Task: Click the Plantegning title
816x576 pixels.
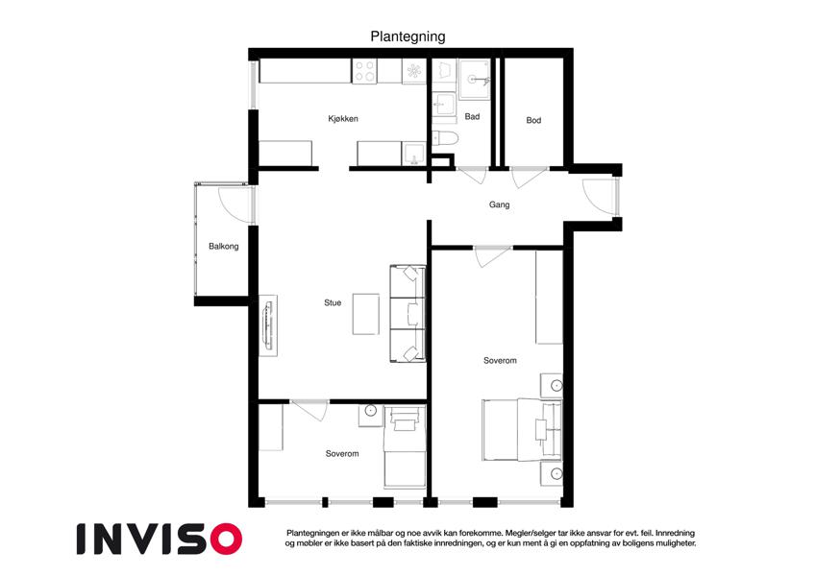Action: (408, 36)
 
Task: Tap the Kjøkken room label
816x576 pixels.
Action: (343, 118)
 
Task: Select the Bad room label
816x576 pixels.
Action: (472, 116)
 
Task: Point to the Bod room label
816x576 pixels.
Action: (533, 120)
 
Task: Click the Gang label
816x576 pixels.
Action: (499, 204)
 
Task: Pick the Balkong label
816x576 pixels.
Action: (224, 246)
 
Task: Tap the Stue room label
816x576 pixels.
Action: (333, 302)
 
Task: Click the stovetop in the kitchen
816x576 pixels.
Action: (364, 71)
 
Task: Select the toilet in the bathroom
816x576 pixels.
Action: (445, 138)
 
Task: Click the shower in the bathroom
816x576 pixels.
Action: (474, 79)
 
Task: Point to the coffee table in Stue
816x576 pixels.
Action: (366, 314)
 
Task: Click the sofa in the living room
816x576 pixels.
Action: (408, 314)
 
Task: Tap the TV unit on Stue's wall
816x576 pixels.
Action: (268, 325)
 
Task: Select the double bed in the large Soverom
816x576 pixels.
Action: (522, 430)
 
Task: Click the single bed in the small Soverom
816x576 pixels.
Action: (405, 447)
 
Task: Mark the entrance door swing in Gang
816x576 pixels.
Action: (599, 196)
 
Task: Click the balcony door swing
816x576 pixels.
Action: (235, 204)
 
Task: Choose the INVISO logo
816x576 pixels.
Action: (160, 539)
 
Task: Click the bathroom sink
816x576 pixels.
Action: (444, 103)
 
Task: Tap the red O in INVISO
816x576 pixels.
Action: (227, 539)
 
